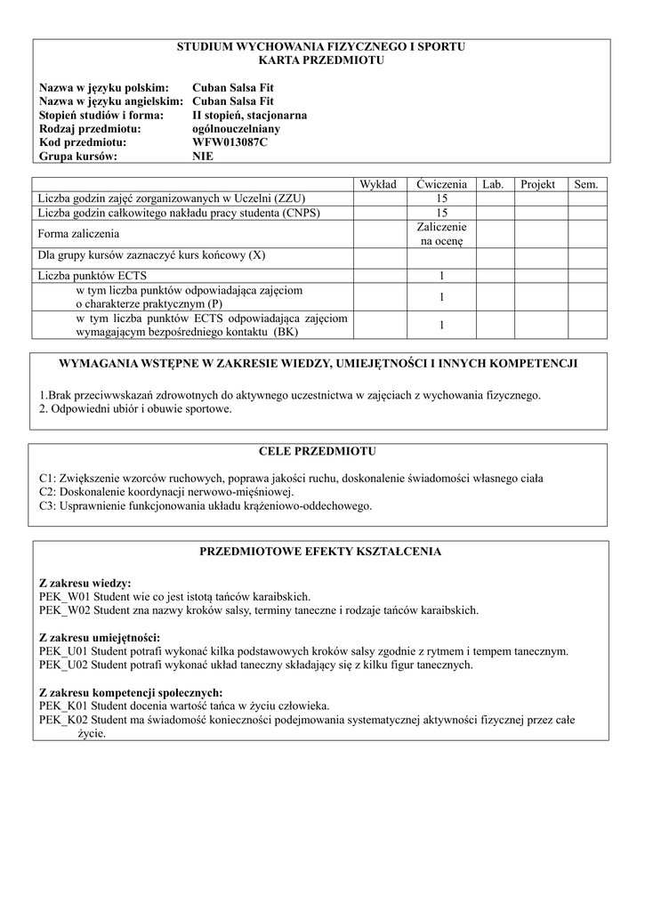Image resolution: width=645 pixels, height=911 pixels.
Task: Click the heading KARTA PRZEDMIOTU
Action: click(x=321, y=60)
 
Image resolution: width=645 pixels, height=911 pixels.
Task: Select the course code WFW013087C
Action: click(x=229, y=142)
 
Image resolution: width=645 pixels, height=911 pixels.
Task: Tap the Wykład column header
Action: click(x=380, y=184)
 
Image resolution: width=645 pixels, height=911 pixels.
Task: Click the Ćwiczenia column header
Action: click(x=441, y=184)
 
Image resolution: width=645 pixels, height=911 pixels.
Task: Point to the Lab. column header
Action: click(x=494, y=184)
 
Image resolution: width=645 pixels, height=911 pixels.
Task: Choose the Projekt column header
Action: click(x=538, y=184)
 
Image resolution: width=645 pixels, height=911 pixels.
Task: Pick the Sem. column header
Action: click(x=586, y=184)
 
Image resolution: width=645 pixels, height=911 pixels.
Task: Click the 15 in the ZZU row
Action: click(x=441, y=198)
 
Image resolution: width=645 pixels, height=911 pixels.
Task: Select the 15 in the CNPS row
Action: click(x=441, y=213)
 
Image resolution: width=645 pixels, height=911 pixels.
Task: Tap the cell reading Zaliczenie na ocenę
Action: click(x=441, y=234)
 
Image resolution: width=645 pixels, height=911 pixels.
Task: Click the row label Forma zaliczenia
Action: click(x=79, y=234)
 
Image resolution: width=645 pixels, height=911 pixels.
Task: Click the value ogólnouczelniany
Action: click(x=237, y=128)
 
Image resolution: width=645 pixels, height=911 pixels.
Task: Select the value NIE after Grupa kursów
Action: click(x=203, y=156)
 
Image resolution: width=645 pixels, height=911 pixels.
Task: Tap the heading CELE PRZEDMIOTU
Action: click(x=321, y=452)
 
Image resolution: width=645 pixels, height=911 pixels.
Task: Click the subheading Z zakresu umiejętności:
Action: click(x=100, y=637)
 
